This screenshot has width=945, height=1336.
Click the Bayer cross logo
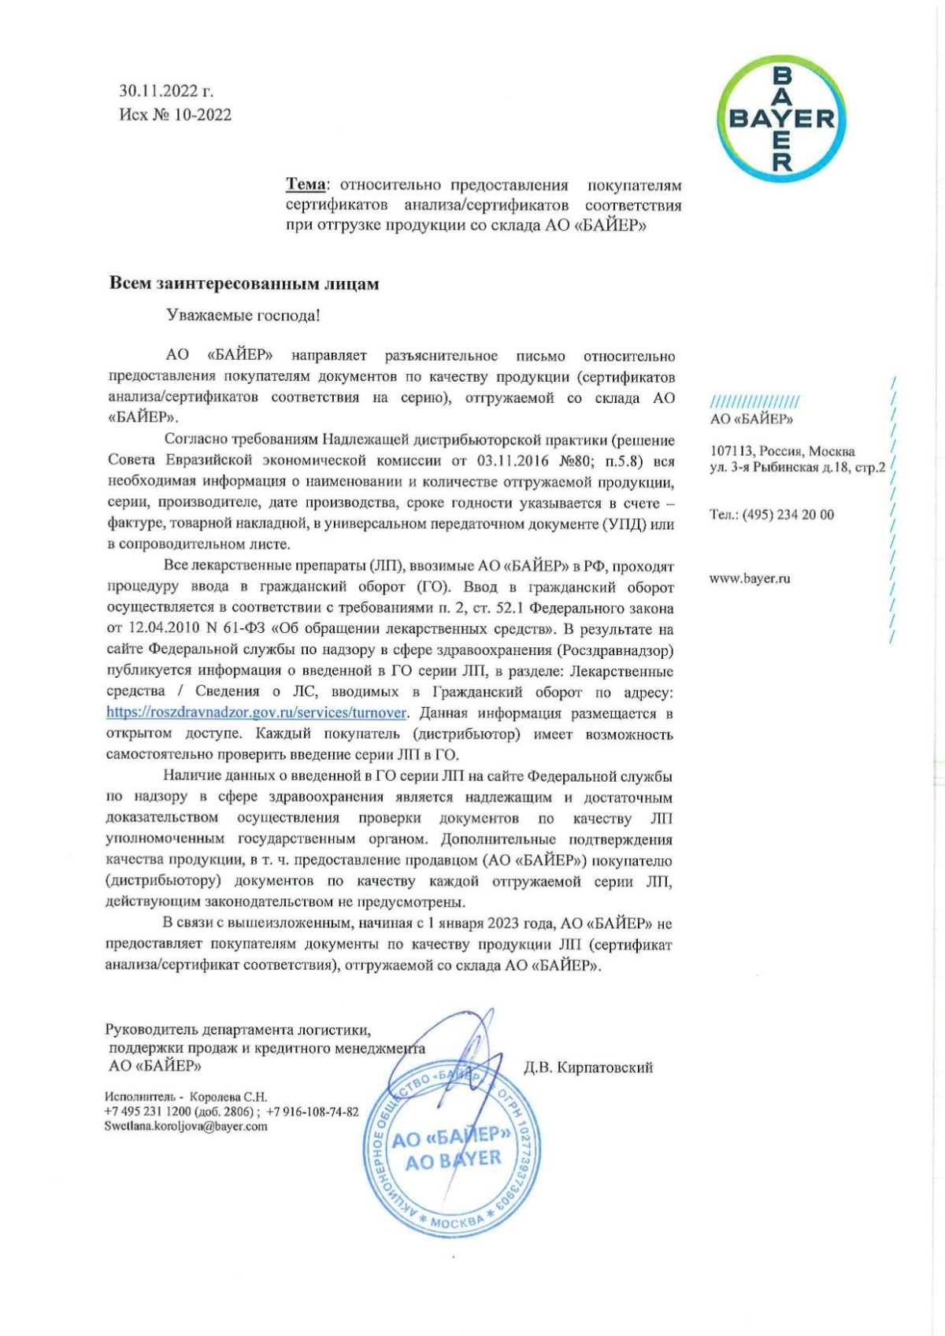tap(781, 119)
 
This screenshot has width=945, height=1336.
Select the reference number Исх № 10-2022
tap(175, 115)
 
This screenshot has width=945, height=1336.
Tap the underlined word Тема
tap(306, 185)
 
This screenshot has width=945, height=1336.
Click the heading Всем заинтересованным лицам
tap(244, 283)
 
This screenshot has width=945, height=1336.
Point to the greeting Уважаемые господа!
tap(243, 316)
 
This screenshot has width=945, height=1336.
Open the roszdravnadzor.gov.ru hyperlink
tap(257, 713)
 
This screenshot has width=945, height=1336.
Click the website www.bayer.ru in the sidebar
tap(750, 579)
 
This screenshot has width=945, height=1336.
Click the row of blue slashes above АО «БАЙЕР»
tap(754, 401)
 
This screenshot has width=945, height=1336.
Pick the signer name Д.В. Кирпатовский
tap(588, 1068)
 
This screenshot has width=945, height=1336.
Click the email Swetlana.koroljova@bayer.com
tap(186, 1127)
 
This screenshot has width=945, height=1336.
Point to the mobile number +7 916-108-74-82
tap(313, 1112)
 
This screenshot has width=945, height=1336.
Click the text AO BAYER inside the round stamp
tap(453, 1159)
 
